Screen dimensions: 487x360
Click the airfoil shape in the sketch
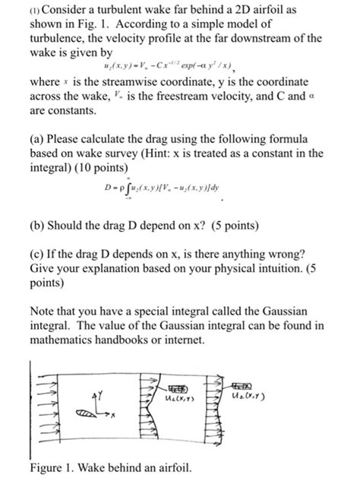tap(85, 412)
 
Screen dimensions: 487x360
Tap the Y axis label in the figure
tap(95, 394)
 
